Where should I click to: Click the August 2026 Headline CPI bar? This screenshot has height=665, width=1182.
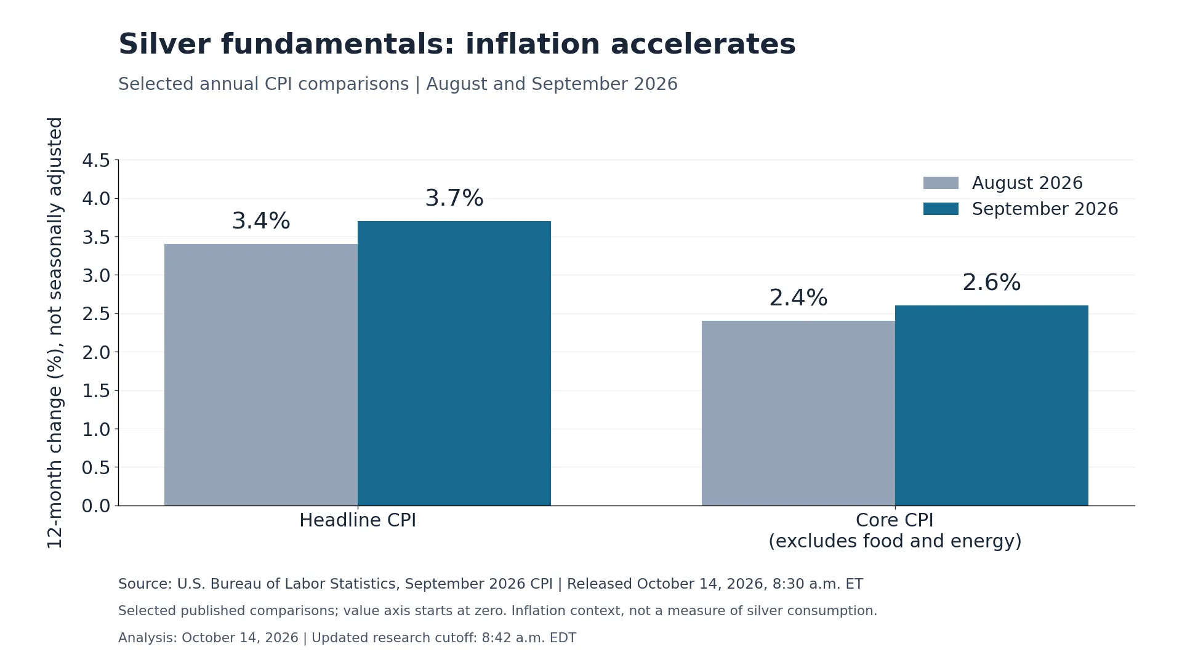click(x=261, y=375)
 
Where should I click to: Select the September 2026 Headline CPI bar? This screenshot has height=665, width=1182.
click(x=454, y=363)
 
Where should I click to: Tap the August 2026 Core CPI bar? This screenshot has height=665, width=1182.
click(x=798, y=413)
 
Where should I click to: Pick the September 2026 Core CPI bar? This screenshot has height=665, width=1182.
click(x=992, y=406)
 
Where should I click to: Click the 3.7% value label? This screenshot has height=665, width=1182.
click(x=454, y=198)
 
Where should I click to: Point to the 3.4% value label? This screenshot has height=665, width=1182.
click(x=261, y=221)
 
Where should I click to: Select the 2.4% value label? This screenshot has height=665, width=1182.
click(x=798, y=298)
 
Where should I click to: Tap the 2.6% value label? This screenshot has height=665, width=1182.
click(x=992, y=283)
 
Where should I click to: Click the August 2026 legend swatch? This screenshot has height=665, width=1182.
click(x=941, y=183)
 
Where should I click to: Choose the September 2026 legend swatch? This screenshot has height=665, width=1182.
click(x=941, y=209)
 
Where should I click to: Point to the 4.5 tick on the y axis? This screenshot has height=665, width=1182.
click(x=96, y=161)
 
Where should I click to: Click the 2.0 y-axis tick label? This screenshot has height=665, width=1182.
click(x=96, y=352)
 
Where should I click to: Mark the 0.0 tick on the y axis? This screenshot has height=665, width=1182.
click(x=96, y=506)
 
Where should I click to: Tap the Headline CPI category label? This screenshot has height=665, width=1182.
click(x=358, y=520)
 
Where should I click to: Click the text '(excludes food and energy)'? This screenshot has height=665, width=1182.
click(x=895, y=541)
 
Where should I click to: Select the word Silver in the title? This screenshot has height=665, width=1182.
click(x=164, y=44)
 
